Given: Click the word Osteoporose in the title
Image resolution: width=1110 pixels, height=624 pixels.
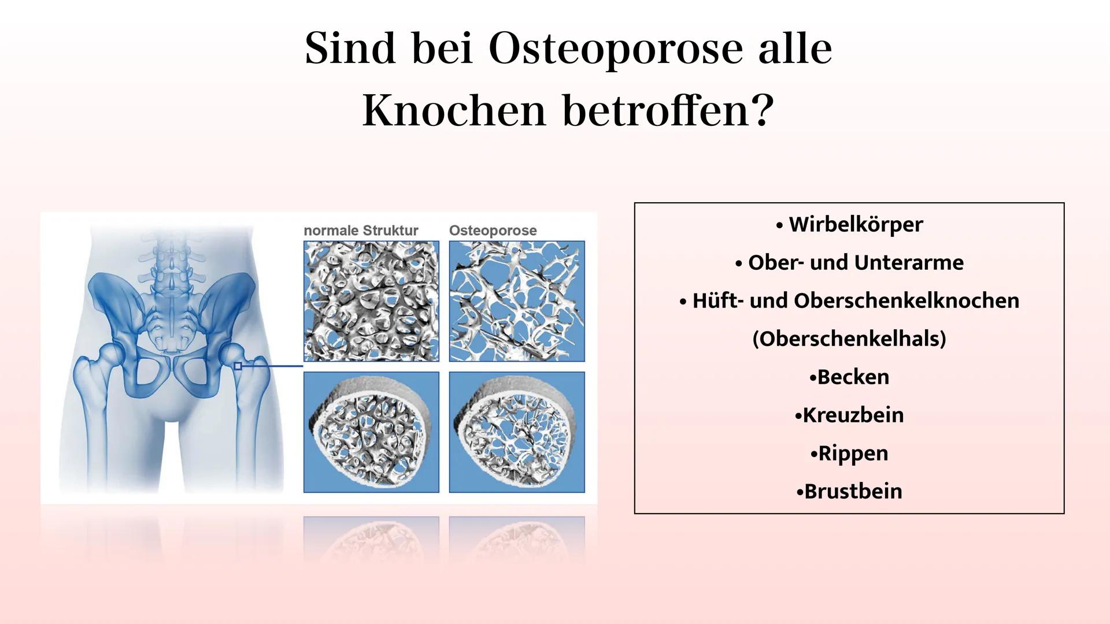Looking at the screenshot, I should click(x=615, y=49).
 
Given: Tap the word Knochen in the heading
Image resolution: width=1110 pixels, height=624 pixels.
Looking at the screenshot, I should click(x=454, y=111).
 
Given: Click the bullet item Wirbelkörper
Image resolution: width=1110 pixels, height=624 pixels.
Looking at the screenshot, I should click(x=856, y=224).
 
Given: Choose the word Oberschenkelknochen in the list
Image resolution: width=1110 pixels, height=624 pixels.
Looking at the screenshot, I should click(x=906, y=300).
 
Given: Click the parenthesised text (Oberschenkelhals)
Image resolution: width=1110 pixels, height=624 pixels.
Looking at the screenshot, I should click(x=849, y=339).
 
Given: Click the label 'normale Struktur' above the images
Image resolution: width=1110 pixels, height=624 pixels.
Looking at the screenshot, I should click(x=361, y=231).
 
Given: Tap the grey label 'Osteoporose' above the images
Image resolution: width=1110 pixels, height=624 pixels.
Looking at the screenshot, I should click(x=493, y=231).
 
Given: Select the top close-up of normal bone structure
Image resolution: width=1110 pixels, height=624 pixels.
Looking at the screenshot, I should click(x=371, y=301).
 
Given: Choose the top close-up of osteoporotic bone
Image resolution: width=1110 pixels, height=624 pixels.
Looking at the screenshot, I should click(x=517, y=301).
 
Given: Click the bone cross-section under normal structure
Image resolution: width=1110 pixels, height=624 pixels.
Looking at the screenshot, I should click(x=371, y=432).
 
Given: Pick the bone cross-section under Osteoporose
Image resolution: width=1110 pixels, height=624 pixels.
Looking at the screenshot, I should click(x=517, y=432).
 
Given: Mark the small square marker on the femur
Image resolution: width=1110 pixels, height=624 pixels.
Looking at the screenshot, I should click(x=238, y=366).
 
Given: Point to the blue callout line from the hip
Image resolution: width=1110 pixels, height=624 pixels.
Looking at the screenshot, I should click(x=272, y=366).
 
